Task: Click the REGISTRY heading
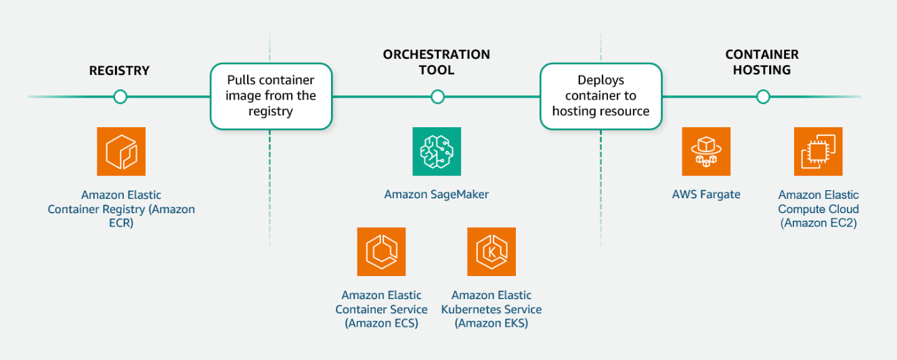point(119,70)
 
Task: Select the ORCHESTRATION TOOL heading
point(437,62)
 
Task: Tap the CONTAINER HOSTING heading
point(762,62)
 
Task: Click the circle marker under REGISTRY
point(121,97)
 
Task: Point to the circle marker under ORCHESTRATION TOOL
point(437,97)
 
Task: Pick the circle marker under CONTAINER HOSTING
point(763,97)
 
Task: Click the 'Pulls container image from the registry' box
point(271,96)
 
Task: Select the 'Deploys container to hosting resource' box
point(600,96)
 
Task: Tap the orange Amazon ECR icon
point(121,152)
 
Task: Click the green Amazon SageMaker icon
point(437,152)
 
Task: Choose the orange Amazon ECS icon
point(381,252)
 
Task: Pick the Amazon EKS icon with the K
point(491,252)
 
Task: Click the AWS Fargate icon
point(706,152)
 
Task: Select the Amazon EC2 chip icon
point(818,152)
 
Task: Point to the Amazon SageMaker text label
point(437,195)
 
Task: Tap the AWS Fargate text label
point(706,195)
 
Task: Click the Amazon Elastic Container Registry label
point(121,209)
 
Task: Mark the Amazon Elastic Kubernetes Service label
point(491,309)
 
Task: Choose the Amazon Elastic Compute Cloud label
point(818,209)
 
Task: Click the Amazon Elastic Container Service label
point(381,309)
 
